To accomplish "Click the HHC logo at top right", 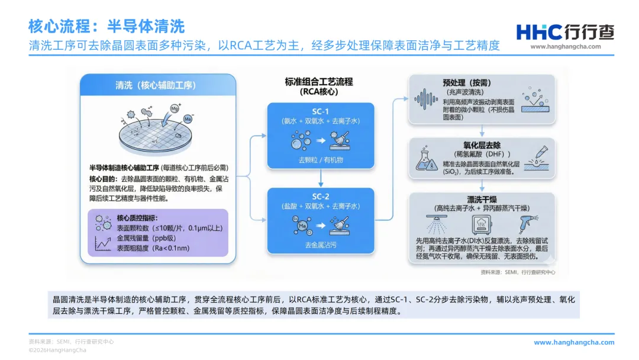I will [565, 33].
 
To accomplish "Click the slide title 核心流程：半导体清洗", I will [106, 26].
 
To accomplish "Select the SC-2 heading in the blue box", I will [320, 197].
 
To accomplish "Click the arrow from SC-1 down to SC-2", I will [320, 178].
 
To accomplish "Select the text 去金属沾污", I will [320, 245].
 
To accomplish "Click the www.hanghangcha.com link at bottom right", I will [574, 342].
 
